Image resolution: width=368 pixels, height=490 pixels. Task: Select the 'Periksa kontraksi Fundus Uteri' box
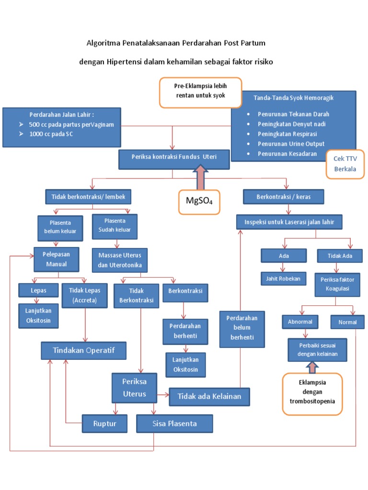click(x=174, y=156)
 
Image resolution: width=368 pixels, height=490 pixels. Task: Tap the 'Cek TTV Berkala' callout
click(x=345, y=165)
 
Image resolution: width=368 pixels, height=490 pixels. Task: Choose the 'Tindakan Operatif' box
click(x=84, y=350)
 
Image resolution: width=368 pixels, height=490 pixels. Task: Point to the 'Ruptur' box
click(x=105, y=423)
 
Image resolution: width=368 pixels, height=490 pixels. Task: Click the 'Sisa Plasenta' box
click(x=174, y=423)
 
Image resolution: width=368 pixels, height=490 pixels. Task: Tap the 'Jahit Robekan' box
click(x=283, y=278)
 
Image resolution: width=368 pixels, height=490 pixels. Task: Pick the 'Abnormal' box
click(x=300, y=322)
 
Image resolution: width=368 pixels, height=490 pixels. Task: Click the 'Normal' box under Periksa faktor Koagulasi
click(x=347, y=322)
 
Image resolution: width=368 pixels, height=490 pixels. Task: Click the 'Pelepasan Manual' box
click(x=56, y=259)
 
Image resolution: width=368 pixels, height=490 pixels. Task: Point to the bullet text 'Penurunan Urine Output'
click(x=291, y=144)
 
